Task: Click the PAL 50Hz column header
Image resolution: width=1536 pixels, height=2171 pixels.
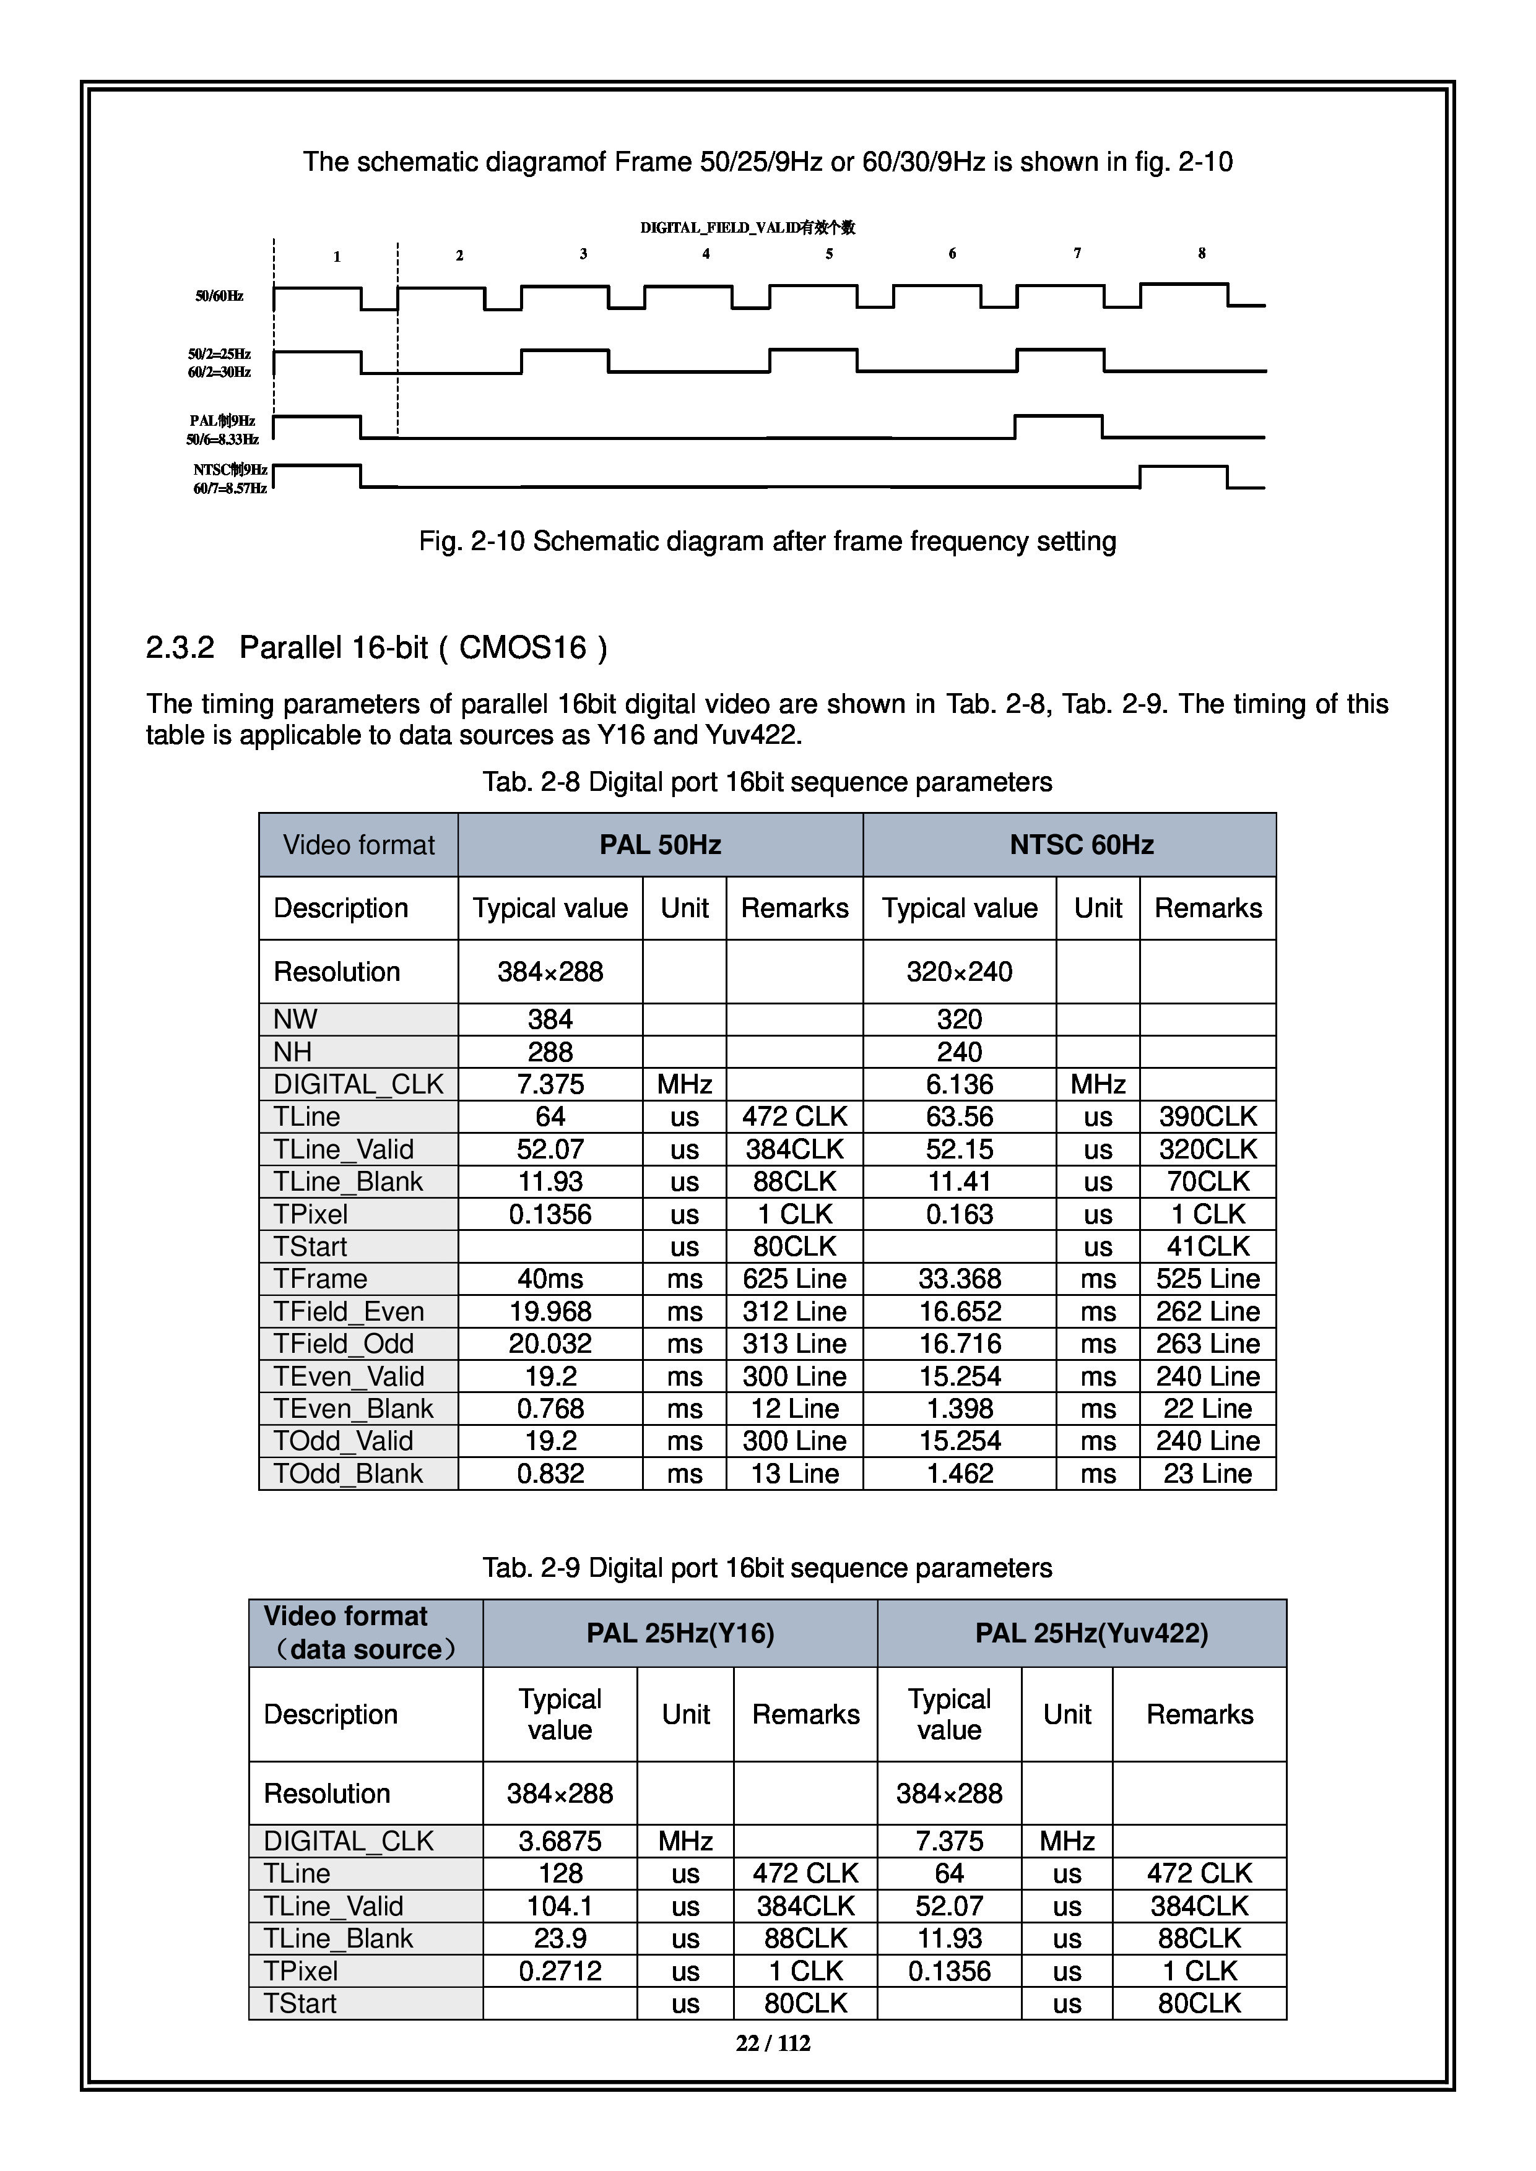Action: pos(660,844)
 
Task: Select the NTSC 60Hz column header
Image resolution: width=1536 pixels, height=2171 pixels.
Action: pos(1081,844)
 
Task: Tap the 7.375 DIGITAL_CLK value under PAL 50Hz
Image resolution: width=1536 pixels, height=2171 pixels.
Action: pos(550,1084)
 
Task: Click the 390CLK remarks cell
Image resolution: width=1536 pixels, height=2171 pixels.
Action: pos(1208,1116)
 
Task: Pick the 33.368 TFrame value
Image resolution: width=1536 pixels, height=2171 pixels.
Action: pos(959,1279)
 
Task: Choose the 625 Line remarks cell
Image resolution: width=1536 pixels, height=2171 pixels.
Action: pos(794,1279)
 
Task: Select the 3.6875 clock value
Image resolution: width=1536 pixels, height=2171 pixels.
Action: pos(560,1841)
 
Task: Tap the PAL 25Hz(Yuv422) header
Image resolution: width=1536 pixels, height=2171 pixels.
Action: pos(1091,1633)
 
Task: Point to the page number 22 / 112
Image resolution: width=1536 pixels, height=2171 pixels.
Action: pos(773,2044)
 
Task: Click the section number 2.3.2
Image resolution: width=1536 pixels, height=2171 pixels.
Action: pos(180,648)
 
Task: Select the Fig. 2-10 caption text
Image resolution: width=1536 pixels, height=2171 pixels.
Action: pos(767,542)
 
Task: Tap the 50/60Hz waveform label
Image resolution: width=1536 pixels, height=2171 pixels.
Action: pos(219,296)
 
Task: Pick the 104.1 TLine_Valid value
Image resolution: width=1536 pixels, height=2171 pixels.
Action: pos(560,1906)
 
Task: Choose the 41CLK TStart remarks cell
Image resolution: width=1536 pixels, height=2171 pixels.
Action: pos(1208,1246)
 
